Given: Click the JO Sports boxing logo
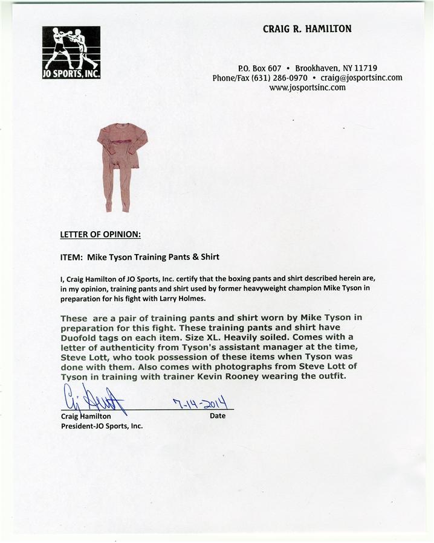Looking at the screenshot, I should [71, 52].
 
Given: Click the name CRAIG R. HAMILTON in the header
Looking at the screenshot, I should [307, 29].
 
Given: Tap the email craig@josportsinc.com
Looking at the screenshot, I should [361, 78].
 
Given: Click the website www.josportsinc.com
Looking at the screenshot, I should [307, 87].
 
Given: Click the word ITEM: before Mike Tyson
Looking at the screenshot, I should [71, 256].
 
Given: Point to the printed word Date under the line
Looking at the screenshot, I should [217, 416].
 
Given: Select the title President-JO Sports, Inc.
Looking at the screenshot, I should [102, 425].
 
